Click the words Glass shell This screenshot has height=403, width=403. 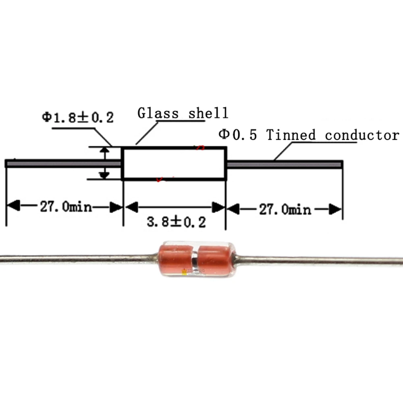click(x=183, y=113)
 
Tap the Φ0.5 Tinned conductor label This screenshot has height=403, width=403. click(x=308, y=135)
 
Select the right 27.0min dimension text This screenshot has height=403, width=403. click(x=285, y=210)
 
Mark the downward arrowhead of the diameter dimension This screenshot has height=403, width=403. click(x=105, y=174)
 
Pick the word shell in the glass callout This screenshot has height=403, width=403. click(x=208, y=113)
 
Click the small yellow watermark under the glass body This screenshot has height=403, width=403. click(x=185, y=272)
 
